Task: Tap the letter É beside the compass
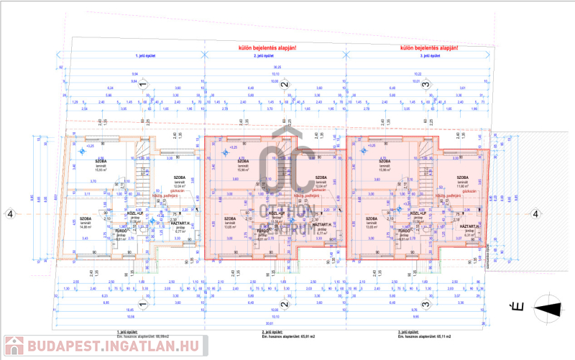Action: pos(515,308)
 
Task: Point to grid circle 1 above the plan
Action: pos(142,85)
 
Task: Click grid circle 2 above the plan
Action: pos(284,85)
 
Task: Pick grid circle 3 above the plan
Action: pos(426,85)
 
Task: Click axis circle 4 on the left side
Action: pos(10,213)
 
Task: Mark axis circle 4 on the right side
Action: pos(535,213)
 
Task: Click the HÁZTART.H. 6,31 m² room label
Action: pos(471,229)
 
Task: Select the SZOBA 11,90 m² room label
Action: pos(462,180)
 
